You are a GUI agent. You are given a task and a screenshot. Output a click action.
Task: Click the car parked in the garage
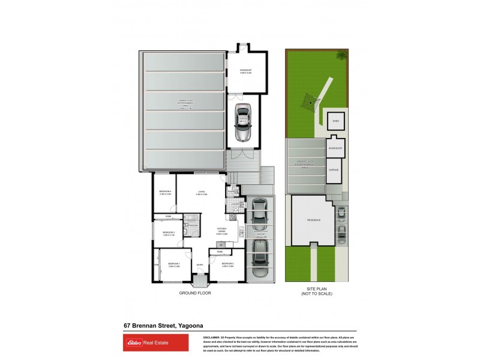(x=243, y=123)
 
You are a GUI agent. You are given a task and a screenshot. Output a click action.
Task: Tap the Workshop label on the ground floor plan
(x=245, y=71)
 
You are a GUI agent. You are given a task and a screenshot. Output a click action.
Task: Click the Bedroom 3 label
(x=168, y=233)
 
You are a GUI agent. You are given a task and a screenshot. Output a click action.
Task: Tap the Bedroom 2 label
(x=228, y=264)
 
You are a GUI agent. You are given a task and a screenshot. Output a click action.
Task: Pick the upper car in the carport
(x=259, y=212)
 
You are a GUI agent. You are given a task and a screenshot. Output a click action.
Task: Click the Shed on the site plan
(x=336, y=121)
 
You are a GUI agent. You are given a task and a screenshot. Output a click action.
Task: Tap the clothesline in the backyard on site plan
(x=310, y=103)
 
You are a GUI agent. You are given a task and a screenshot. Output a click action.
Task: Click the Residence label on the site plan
(x=314, y=220)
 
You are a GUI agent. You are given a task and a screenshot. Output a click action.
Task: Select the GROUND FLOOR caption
(x=195, y=293)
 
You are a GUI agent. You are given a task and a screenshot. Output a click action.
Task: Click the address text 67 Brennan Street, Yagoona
(x=157, y=325)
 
